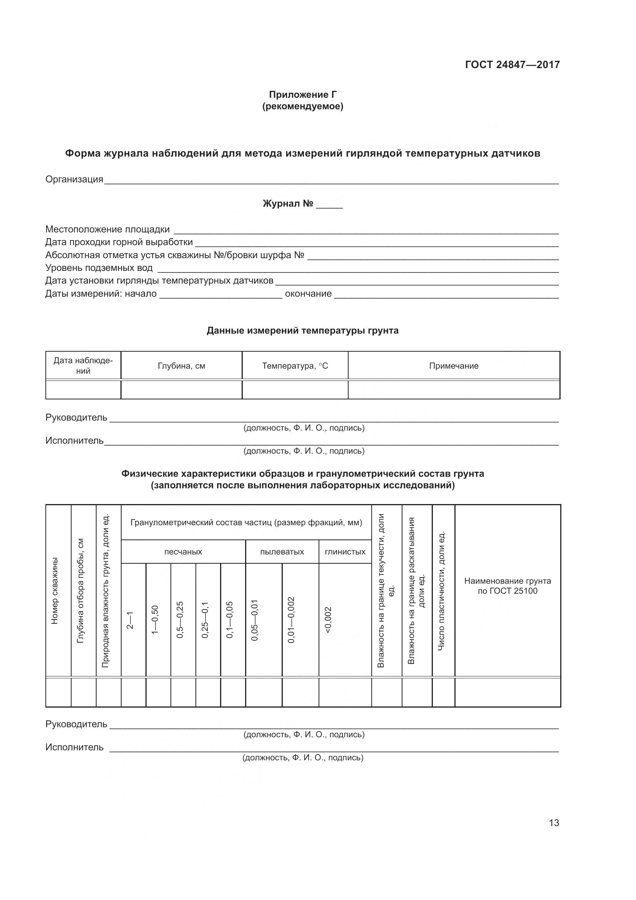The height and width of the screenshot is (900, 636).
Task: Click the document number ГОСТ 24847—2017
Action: coord(512,65)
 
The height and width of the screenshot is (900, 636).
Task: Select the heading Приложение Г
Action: coord(302,95)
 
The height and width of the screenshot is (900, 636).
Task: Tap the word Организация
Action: coord(74,180)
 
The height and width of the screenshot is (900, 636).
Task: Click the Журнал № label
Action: coord(288,204)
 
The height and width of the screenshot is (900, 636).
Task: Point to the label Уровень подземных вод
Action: coord(99,268)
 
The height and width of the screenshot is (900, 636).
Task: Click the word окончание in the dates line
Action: coord(308,294)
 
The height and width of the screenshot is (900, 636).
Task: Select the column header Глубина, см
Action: coord(182,366)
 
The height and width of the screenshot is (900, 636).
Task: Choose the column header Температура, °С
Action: coord(295,366)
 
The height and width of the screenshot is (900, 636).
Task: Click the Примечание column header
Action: coord(453,366)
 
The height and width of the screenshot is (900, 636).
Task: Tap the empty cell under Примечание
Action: coord(453,390)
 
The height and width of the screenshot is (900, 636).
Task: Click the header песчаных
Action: coord(183,552)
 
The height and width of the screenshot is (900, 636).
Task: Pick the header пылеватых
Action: coord(282,552)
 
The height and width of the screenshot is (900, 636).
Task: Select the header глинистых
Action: coord(345,552)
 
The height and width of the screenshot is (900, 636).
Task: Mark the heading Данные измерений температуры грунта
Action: coord(302,331)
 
